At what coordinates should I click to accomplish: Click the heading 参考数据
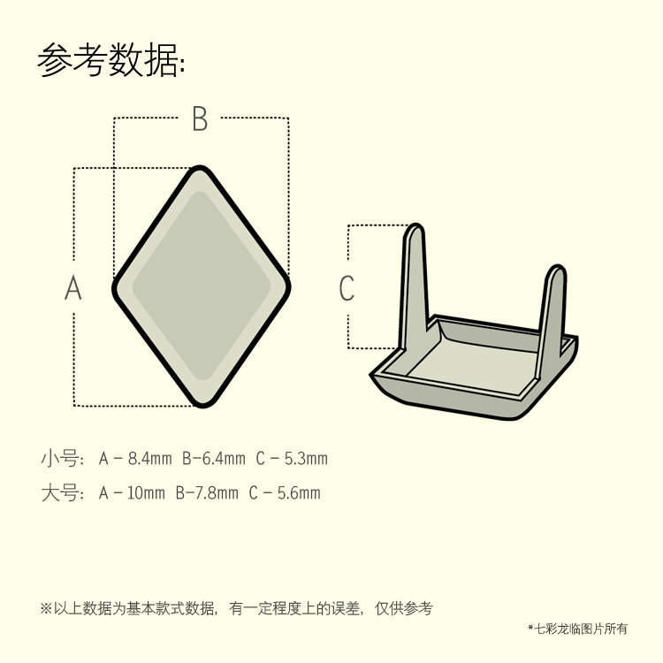click(x=110, y=62)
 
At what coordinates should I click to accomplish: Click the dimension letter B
click(x=200, y=119)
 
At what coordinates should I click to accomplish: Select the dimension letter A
click(x=73, y=287)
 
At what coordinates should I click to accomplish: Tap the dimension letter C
click(x=347, y=288)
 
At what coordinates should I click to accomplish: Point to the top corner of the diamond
click(x=202, y=169)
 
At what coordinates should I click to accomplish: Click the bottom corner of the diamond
click(x=202, y=404)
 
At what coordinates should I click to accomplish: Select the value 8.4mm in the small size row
click(x=149, y=459)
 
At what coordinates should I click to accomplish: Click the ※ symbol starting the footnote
click(x=46, y=608)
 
